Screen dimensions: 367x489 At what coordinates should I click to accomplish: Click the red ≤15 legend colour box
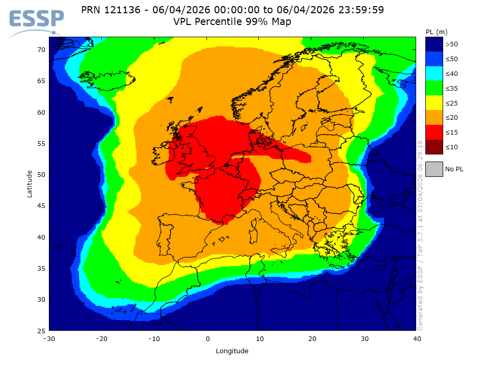pyautogui.click(x=434, y=132)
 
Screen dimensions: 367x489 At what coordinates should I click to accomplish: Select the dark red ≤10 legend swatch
pyautogui.click(x=434, y=147)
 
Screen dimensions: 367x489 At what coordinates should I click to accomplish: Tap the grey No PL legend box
pyautogui.click(x=434, y=169)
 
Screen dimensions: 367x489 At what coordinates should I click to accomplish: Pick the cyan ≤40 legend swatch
pyautogui.click(x=434, y=73)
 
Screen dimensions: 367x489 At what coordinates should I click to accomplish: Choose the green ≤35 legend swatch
pyautogui.click(x=434, y=88)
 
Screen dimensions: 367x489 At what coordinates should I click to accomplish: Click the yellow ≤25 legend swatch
pyautogui.click(x=434, y=103)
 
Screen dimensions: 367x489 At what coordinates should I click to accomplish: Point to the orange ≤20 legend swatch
pyautogui.click(x=434, y=117)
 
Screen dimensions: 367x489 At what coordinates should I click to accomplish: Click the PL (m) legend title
pyautogui.click(x=437, y=32)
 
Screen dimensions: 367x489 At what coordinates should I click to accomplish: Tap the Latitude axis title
pyautogui.click(x=30, y=184)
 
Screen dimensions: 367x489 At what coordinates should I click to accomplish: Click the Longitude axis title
pyautogui.click(x=232, y=351)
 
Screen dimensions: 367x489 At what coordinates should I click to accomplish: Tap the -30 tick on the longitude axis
pyautogui.click(x=49, y=339)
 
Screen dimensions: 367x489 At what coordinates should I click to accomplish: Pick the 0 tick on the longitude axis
pyautogui.click(x=207, y=339)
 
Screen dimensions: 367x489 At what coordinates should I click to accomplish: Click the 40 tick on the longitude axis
pyautogui.click(x=417, y=339)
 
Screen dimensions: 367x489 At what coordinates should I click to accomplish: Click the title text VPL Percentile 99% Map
pyautogui.click(x=232, y=22)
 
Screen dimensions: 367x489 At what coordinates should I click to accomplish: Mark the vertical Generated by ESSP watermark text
pyautogui.click(x=421, y=234)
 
